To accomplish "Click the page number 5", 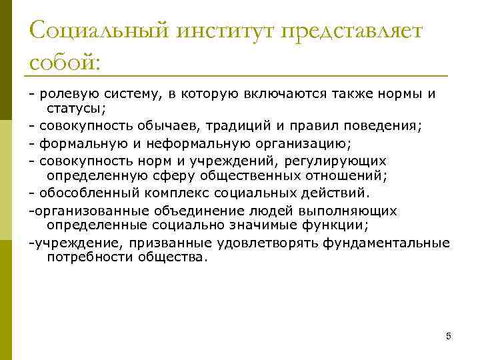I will [448, 336].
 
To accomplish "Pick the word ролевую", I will [65, 93].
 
